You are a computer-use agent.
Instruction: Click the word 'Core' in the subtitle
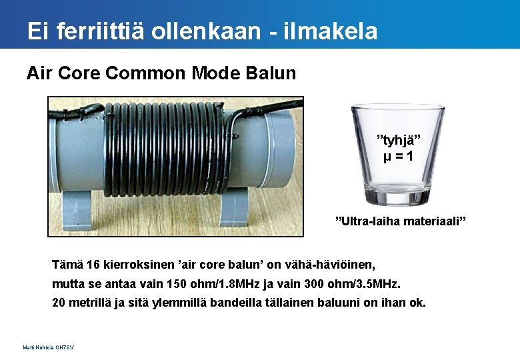pos(80,73)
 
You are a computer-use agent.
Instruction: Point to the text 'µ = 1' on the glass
pos(398,157)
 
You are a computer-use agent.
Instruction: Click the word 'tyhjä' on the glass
pos(399,140)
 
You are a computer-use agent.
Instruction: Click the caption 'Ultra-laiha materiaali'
pos(399,221)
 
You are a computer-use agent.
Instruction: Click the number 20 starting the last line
pos(59,303)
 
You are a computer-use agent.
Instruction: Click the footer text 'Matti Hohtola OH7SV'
pos(48,347)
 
